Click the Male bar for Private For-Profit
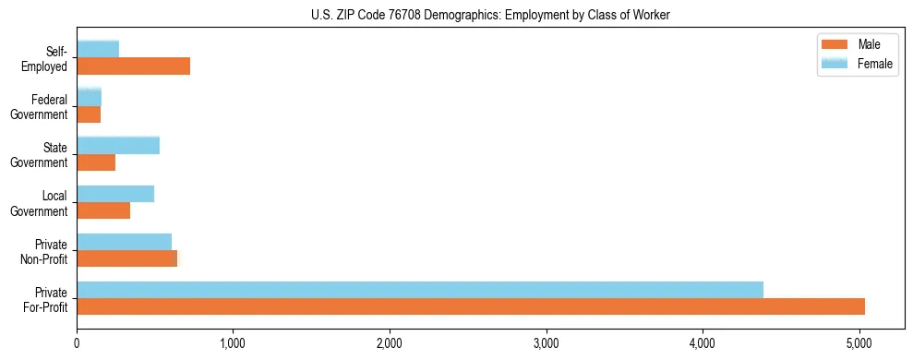471,306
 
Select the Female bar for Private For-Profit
420,290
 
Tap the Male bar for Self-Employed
134,66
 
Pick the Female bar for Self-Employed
98,49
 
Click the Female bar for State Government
118,145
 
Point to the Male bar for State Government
96,162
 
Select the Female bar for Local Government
115,194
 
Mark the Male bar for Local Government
103,210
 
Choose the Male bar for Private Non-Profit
127,258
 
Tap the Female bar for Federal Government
90,97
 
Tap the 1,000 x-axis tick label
234,343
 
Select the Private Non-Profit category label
45,251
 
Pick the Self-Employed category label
46,58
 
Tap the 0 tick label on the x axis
78,343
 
